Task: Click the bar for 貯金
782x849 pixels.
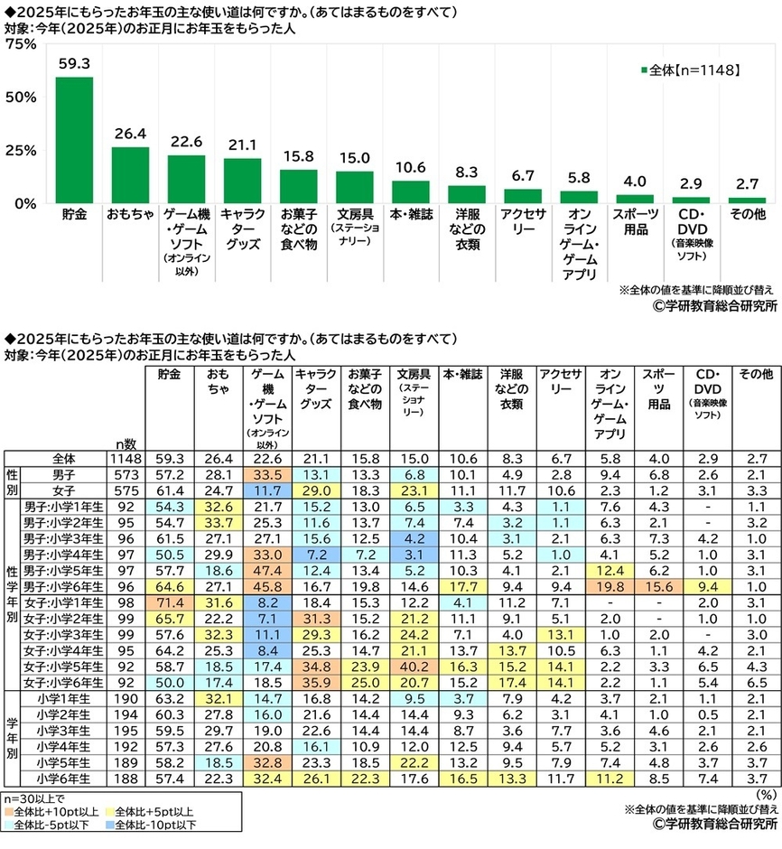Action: [x=74, y=140]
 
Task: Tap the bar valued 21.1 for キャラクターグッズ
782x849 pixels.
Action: [x=242, y=180]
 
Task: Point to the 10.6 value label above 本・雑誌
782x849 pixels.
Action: [x=410, y=166]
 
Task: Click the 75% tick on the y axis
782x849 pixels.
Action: [x=20, y=45]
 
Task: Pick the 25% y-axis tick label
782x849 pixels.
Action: [x=20, y=150]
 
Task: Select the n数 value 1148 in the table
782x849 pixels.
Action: [x=126, y=457]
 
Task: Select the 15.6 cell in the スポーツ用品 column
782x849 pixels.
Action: [x=653, y=587]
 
